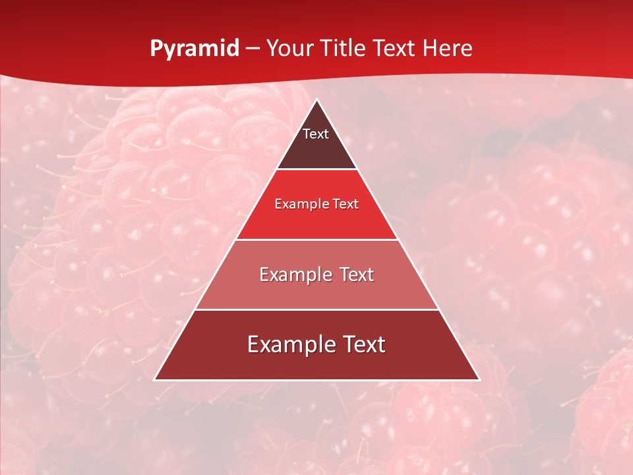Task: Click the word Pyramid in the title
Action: (x=195, y=49)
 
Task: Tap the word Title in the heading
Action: (x=345, y=48)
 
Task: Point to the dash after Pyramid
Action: (x=252, y=49)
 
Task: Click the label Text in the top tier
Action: (x=316, y=134)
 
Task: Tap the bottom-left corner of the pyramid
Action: (x=155, y=379)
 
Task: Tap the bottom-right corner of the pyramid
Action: (x=479, y=379)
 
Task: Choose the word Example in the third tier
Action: (x=293, y=274)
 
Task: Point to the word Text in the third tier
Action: (x=355, y=274)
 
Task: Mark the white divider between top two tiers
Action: (x=316, y=170)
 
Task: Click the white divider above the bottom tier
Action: (x=316, y=309)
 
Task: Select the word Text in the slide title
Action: (x=394, y=48)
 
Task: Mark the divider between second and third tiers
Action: (x=316, y=239)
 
